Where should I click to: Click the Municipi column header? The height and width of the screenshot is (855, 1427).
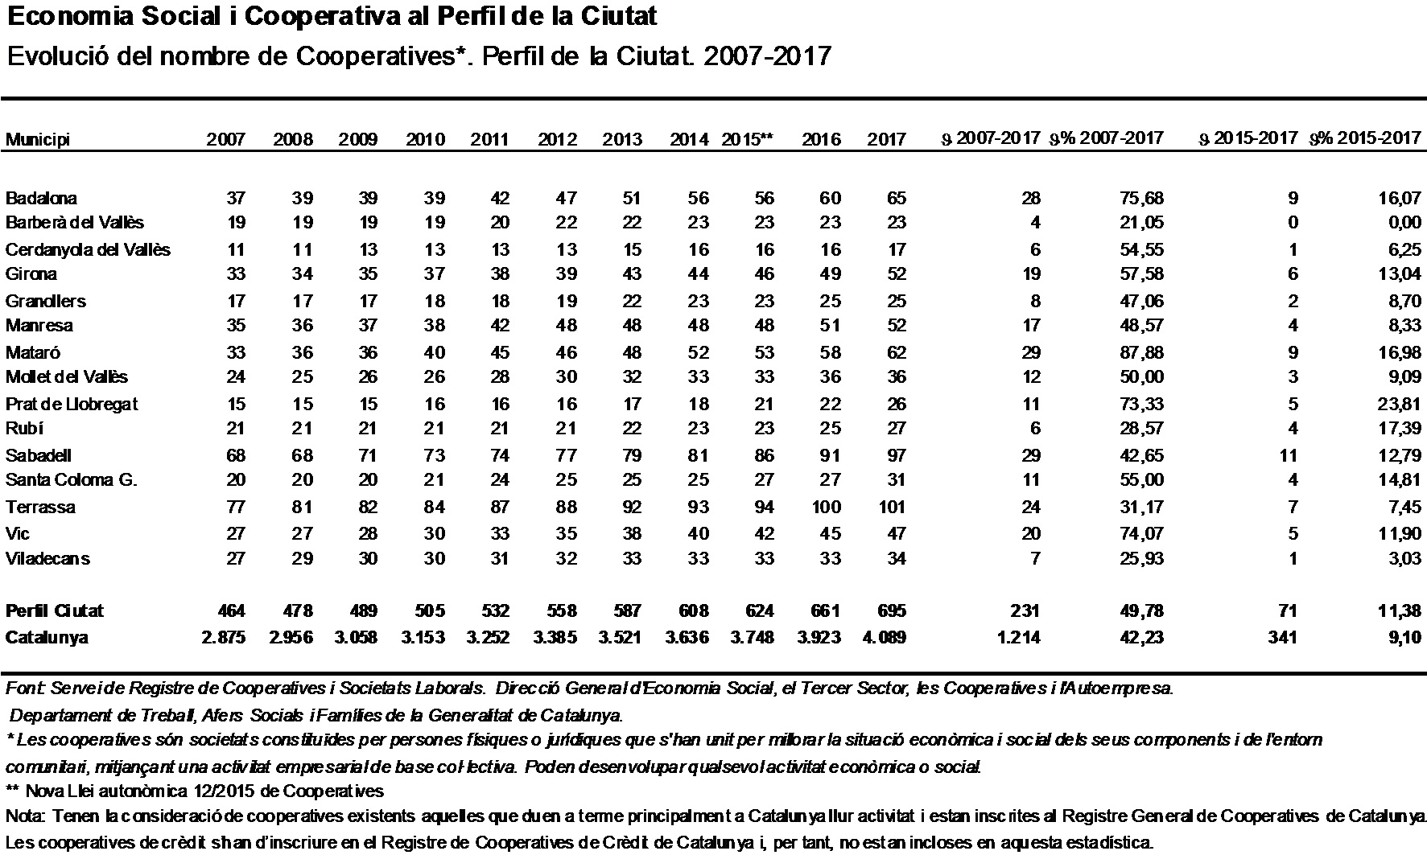[38, 140]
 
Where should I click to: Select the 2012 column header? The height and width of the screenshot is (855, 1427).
[557, 139]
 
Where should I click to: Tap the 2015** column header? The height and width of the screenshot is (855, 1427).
[747, 138]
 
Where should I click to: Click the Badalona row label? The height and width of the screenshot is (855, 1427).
[41, 198]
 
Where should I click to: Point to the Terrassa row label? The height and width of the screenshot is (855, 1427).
[40, 507]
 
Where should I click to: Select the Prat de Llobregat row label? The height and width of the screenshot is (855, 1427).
[72, 404]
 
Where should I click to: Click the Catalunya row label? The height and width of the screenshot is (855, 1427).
[47, 638]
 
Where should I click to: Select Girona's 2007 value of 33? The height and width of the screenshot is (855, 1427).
[235, 273]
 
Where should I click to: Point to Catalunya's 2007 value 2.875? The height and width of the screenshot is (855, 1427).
[223, 638]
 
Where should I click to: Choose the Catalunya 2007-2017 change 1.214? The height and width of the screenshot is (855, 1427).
[1017, 638]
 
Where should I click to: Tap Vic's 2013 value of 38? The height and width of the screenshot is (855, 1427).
[633, 533]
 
